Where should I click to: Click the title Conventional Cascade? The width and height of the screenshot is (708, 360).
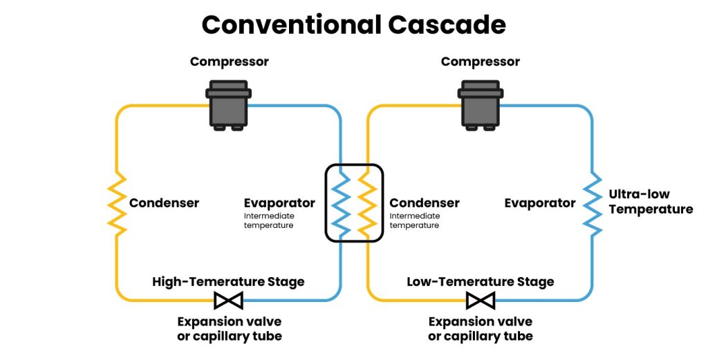(353, 25)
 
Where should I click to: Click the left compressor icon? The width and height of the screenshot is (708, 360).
(228, 105)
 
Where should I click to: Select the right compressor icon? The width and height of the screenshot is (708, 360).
(480, 105)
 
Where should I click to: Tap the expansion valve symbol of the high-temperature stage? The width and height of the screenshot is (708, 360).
(228, 301)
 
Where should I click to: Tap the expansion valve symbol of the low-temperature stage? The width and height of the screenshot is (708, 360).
(480, 301)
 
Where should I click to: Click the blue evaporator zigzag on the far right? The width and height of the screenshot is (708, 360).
(592, 203)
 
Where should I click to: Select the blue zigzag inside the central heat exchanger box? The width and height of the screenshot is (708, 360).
(341, 203)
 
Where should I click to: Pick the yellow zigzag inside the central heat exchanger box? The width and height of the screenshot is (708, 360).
(367, 203)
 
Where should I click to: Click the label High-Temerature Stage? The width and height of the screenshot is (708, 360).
(228, 282)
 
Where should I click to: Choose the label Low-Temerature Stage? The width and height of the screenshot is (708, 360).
(480, 282)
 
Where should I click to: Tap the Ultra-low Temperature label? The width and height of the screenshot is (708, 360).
(651, 202)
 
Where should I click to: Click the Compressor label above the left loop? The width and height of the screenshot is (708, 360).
(229, 62)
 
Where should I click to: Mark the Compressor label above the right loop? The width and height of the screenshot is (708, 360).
(480, 62)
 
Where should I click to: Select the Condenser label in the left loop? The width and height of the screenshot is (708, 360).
(164, 203)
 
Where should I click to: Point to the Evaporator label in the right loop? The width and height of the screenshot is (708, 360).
(539, 203)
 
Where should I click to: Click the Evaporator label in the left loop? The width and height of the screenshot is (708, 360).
(279, 203)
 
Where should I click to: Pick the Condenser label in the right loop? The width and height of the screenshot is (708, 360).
(424, 203)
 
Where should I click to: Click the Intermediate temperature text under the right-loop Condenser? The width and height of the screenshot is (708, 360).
(414, 220)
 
